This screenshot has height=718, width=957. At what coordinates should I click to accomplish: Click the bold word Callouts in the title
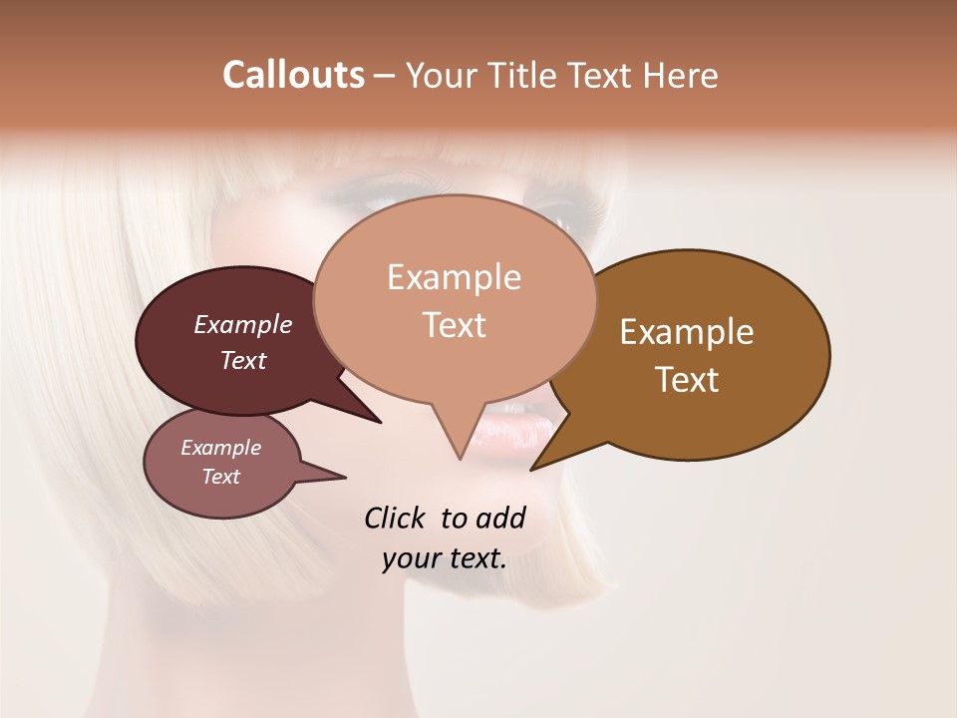(293, 75)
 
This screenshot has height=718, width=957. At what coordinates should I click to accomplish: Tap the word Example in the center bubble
(454, 277)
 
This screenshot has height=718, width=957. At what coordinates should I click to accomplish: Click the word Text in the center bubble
(454, 325)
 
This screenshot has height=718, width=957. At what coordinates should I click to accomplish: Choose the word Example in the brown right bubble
(687, 332)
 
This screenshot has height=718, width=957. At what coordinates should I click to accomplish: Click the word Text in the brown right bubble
(687, 380)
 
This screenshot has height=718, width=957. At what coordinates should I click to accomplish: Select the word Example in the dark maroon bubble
(242, 324)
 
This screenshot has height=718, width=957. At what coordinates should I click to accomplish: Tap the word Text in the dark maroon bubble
(242, 360)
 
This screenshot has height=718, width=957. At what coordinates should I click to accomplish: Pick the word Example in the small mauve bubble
(220, 448)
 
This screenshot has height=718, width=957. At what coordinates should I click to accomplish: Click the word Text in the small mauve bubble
(220, 477)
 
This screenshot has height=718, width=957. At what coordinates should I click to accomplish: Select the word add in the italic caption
(500, 518)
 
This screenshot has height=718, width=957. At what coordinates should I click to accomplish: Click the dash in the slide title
(385, 76)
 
